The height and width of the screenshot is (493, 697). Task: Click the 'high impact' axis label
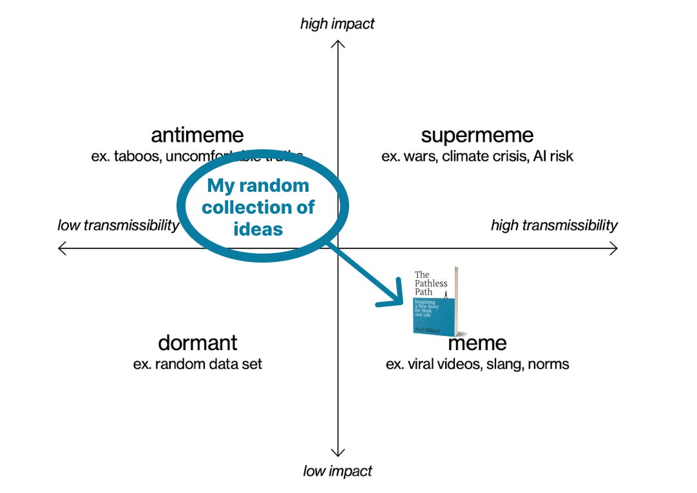(x=337, y=24)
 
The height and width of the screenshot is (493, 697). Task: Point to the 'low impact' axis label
(x=338, y=471)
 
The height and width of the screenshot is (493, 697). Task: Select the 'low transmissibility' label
(x=118, y=225)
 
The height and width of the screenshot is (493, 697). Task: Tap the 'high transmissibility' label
(x=554, y=225)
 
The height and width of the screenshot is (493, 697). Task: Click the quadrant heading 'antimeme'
(x=197, y=136)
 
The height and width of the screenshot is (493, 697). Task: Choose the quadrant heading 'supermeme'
(x=477, y=136)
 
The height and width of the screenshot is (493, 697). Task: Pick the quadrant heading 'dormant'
(x=197, y=342)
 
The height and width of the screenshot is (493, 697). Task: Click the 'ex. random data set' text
(x=197, y=364)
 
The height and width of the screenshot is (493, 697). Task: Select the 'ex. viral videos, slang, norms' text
(x=477, y=364)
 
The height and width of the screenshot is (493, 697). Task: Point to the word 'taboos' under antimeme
(x=133, y=156)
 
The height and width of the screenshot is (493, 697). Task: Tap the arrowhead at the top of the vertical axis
(x=338, y=43)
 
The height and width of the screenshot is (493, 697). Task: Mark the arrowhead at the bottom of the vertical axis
(x=338, y=453)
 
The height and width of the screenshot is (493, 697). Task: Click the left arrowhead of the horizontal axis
(x=61, y=248)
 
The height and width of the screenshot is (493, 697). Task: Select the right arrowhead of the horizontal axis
(x=615, y=248)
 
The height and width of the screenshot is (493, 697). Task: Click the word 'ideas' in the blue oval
(x=258, y=228)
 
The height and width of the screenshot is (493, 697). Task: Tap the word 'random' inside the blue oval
(x=276, y=187)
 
